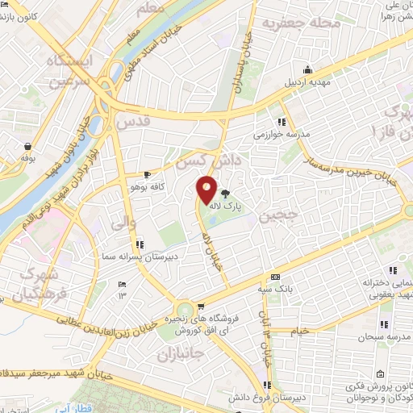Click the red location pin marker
(207, 190)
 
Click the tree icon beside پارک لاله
(224, 194)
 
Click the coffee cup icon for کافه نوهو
(147, 173)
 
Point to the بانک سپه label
(275, 286)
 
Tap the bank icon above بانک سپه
(275, 274)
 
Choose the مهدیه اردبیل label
(306, 81)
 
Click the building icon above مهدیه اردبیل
(306, 69)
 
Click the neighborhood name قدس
(133, 123)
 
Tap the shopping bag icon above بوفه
(29, 146)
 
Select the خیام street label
(299, 331)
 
